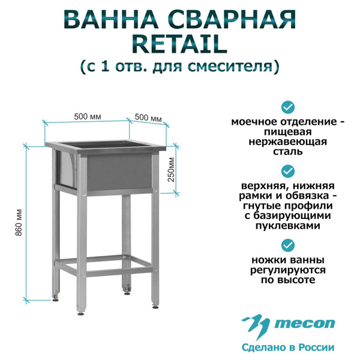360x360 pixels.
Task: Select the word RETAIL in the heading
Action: point(180,44)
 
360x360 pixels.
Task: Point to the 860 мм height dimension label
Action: point(19,223)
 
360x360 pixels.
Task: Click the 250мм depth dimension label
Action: point(171,169)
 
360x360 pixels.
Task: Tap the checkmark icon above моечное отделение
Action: point(288,107)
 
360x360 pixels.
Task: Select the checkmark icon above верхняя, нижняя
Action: point(288,171)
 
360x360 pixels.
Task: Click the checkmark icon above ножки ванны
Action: point(288,245)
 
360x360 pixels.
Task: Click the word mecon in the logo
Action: point(305,323)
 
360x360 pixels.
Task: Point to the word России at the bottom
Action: point(318,347)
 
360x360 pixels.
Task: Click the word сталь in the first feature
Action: point(287,152)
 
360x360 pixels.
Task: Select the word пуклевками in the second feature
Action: point(288,226)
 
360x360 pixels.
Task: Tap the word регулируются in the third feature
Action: point(287,270)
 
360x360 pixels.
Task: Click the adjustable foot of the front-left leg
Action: point(80,313)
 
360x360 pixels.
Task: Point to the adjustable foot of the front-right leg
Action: point(155,305)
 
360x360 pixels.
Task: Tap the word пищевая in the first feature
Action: point(287,132)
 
